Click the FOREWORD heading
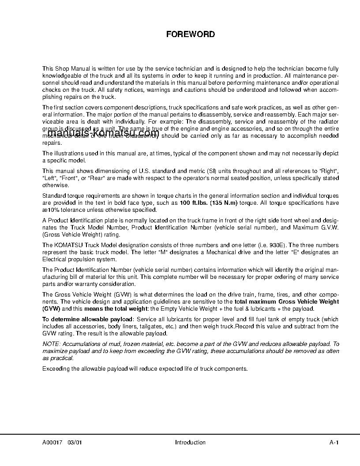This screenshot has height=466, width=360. [x=190, y=34]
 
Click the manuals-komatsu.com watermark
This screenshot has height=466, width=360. [x=103, y=133]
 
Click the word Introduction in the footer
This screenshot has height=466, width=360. [x=190, y=443]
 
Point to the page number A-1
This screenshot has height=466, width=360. [x=334, y=443]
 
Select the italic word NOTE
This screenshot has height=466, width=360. [x=51, y=344]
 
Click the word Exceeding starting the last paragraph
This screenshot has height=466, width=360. [x=56, y=368]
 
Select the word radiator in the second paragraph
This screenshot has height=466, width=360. [x=328, y=122]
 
